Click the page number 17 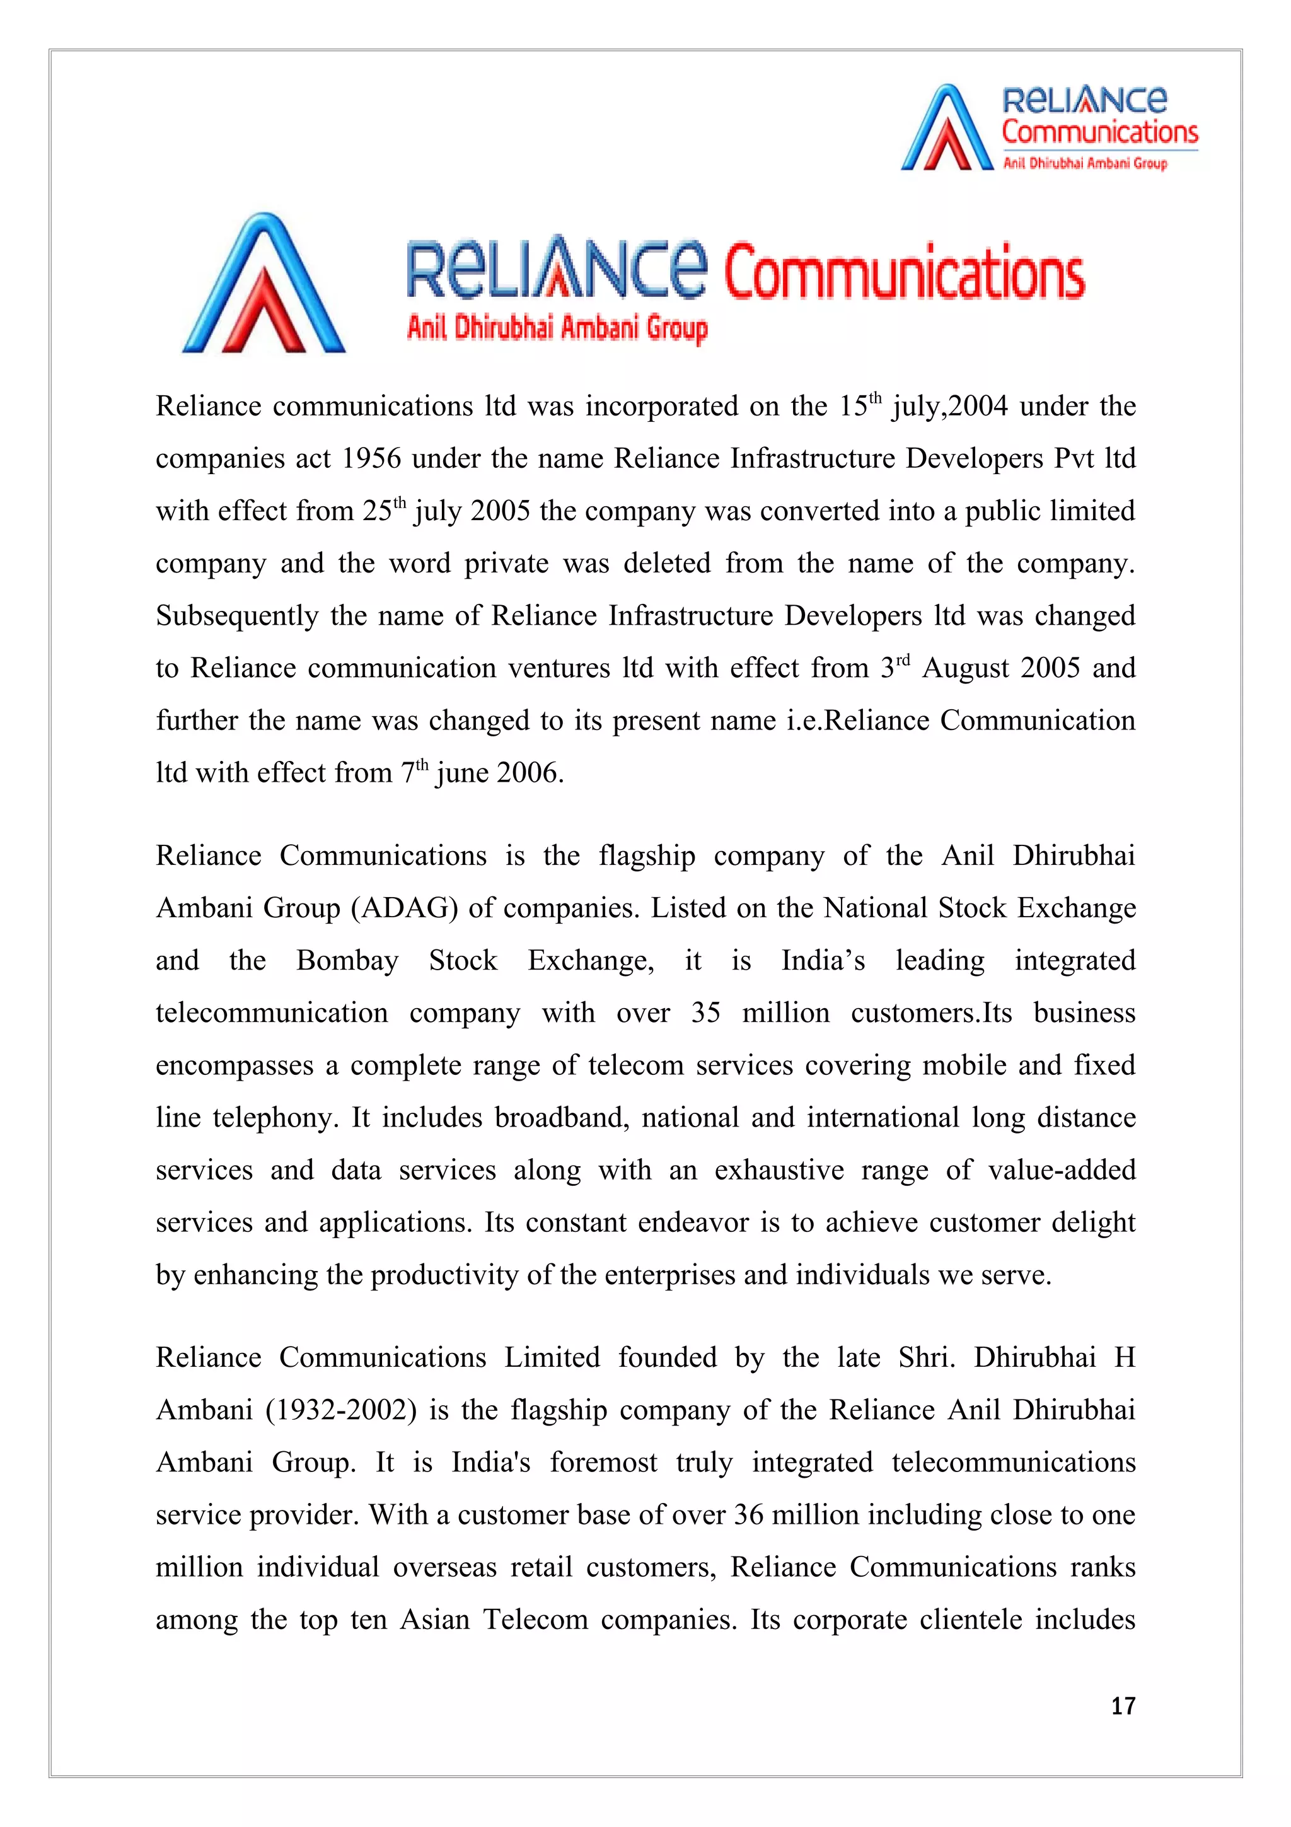click(1122, 1706)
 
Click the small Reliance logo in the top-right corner click(1048, 128)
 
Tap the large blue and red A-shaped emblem click(263, 284)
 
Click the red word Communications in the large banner click(903, 272)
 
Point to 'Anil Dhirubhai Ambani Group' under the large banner click(557, 328)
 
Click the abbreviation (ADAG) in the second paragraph click(404, 908)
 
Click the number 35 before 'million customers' click(705, 1013)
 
